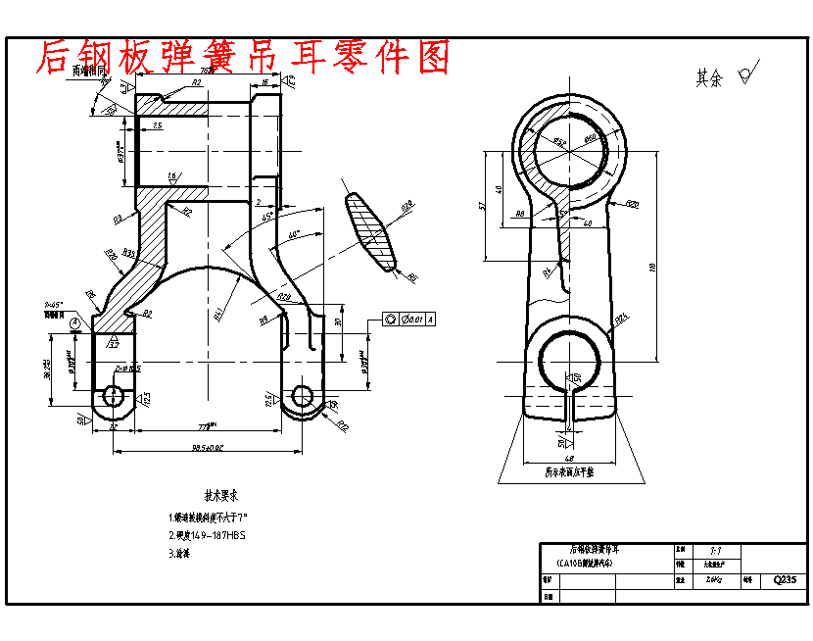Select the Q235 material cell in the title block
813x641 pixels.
click(x=785, y=579)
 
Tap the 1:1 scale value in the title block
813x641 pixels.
click(x=715, y=552)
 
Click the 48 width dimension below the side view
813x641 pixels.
click(x=568, y=458)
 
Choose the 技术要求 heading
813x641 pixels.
click(x=222, y=495)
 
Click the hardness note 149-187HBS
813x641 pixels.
click(x=208, y=535)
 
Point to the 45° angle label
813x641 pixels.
click(x=266, y=218)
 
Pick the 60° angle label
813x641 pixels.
click(x=294, y=235)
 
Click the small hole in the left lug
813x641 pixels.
click(x=112, y=396)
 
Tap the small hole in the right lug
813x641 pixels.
click(x=302, y=395)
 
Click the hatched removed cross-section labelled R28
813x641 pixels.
click(x=371, y=231)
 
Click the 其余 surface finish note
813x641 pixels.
click(x=709, y=78)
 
